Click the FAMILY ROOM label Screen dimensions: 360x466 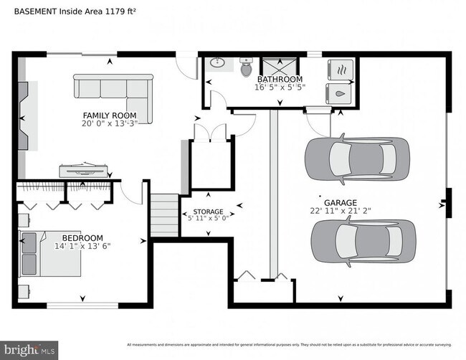(109, 115)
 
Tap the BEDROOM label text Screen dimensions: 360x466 (82, 238)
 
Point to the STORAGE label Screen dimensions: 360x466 (207, 212)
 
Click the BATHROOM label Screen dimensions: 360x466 (280, 80)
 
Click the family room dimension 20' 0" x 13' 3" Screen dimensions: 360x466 (109, 123)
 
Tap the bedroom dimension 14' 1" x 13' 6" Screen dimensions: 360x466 (82, 246)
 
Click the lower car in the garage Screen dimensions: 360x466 (363, 242)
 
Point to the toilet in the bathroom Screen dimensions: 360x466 (246, 68)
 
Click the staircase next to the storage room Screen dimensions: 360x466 (164, 215)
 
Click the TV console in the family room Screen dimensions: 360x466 (84, 170)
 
